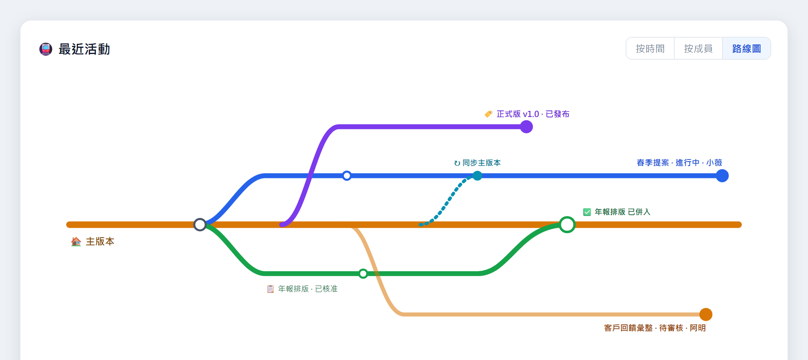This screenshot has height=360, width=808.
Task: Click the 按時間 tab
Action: pos(650,49)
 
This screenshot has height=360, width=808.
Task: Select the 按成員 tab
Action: pos(698,49)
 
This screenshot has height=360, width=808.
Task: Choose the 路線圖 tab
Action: pos(747,49)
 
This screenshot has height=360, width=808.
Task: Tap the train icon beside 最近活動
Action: pos(46,49)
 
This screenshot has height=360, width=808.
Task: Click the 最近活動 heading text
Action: pos(84,49)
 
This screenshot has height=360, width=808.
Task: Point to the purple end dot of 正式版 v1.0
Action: pos(526,127)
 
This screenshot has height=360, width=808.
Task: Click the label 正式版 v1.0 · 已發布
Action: pos(533,114)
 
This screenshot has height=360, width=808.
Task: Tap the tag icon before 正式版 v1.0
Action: pos(489,114)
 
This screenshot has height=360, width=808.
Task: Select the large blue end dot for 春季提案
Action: pos(722,176)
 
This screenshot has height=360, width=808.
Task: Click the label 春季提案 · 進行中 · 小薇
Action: pos(679,163)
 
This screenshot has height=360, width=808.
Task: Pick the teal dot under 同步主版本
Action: pos(477,176)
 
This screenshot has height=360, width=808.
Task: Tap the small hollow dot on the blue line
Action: pos(347,176)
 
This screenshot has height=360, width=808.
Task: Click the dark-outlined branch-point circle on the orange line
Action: pos(200,225)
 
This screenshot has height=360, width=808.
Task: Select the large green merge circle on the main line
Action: pos(567,225)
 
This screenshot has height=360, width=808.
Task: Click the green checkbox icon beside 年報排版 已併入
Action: pos(587,212)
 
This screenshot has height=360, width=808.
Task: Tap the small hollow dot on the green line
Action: pos(363,274)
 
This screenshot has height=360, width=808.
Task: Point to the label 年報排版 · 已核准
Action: pos(308,289)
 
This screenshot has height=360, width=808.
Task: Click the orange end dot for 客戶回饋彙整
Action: pos(706,315)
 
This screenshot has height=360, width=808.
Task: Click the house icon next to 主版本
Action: pos(76,241)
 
